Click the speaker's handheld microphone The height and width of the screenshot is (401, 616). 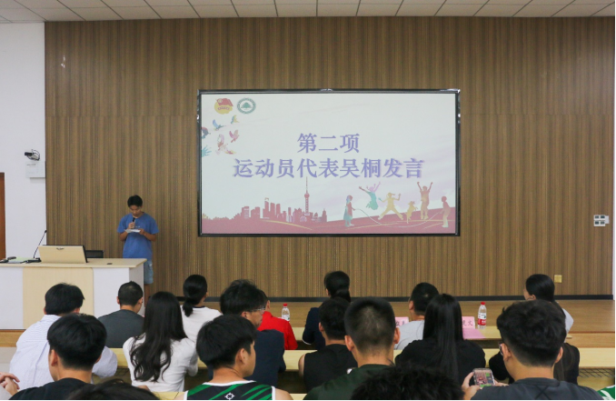pyautogui.click(x=134, y=221)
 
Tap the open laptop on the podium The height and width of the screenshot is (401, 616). pyautogui.click(x=63, y=254)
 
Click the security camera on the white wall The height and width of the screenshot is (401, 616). pyautogui.click(x=32, y=155)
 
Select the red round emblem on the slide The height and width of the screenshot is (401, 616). pyautogui.click(x=224, y=106)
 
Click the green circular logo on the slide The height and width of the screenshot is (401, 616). pyautogui.click(x=246, y=105)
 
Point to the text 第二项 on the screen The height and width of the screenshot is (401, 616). pyautogui.click(x=328, y=143)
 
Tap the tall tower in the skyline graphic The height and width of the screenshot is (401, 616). pyautogui.click(x=306, y=198)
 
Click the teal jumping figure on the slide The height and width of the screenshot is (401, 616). pyautogui.click(x=371, y=195)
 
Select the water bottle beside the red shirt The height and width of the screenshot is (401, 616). pyautogui.click(x=285, y=312)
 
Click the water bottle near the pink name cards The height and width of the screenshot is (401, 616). pyautogui.click(x=482, y=315)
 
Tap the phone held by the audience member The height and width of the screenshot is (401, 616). pyautogui.click(x=483, y=377)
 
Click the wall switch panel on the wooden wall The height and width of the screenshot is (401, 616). pyautogui.click(x=601, y=220)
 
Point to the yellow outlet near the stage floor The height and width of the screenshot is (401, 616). pyautogui.click(x=558, y=278)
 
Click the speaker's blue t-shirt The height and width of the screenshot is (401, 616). pyautogui.click(x=138, y=236)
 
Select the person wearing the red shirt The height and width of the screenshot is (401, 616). pyautogui.click(x=277, y=328)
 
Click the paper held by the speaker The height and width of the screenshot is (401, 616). pyautogui.click(x=134, y=230)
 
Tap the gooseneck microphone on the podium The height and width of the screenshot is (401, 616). pyautogui.click(x=38, y=246)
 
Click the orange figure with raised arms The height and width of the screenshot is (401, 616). pyautogui.click(x=424, y=200)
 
